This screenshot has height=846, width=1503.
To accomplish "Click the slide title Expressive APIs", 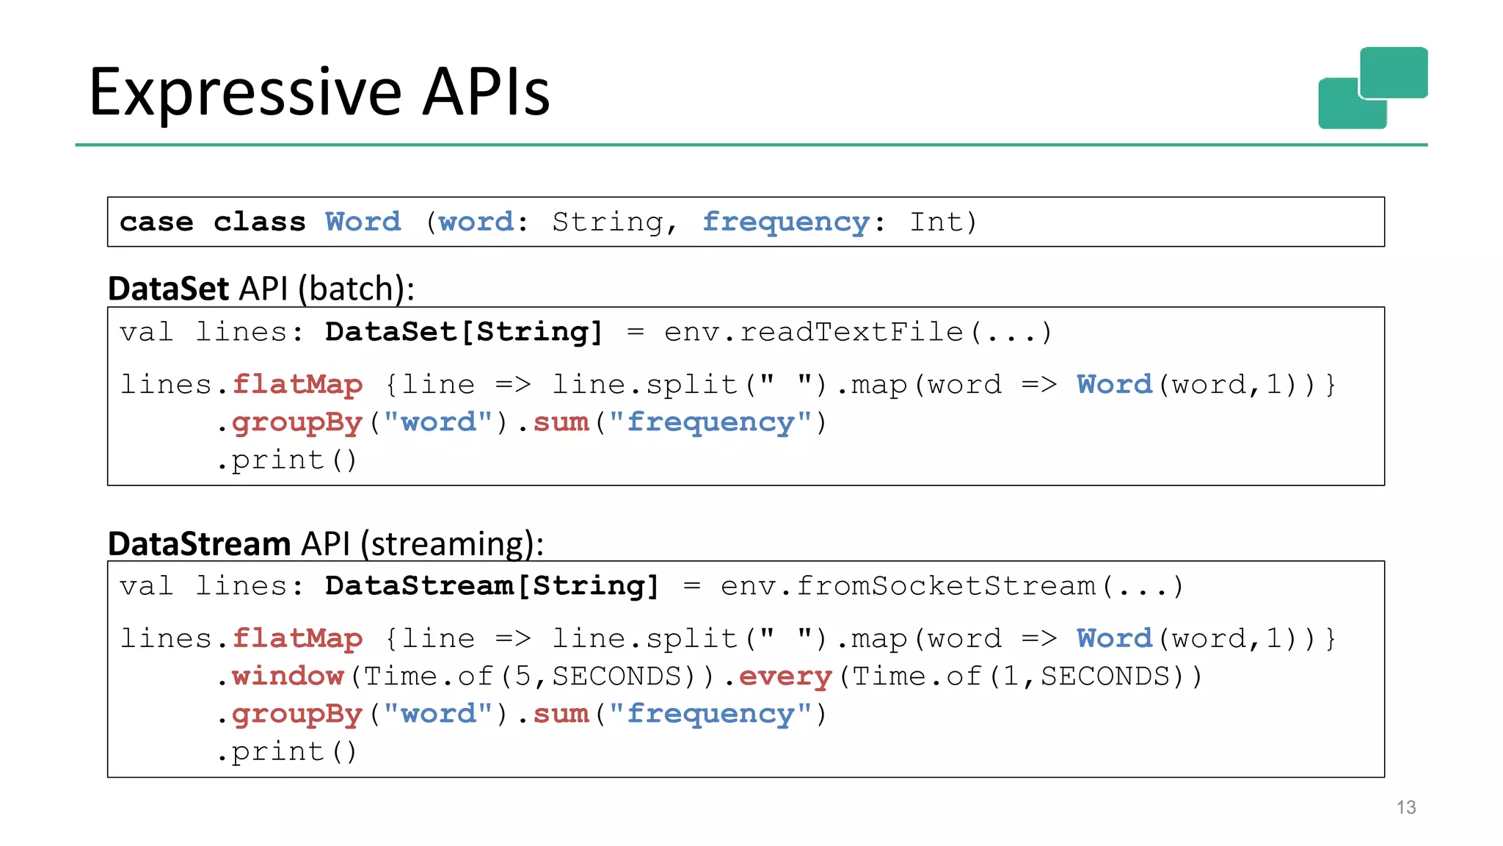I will click(x=319, y=92).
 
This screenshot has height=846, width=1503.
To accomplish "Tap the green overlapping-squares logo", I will click(x=1372, y=88).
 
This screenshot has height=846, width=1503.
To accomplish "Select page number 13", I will click(x=1405, y=807).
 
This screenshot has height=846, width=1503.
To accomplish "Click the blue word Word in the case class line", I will click(x=363, y=222).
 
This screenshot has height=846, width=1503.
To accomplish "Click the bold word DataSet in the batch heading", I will click(x=168, y=289).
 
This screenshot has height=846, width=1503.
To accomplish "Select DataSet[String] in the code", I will click(x=463, y=332).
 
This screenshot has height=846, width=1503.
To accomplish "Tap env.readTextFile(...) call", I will click(x=858, y=332).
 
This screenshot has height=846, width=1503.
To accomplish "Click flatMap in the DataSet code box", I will click(x=297, y=384).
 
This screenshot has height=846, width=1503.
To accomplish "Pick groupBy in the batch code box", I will click(x=297, y=422).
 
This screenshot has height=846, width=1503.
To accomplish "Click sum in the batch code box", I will click(x=561, y=422).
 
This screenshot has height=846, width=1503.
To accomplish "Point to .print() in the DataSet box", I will click(x=287, y=460).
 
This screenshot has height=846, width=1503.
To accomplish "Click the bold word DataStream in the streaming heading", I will click(x=199, y=544).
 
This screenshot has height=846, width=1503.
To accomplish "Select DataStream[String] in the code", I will click(x=492, y=586).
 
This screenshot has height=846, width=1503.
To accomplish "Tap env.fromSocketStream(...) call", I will click(x=952, y=586).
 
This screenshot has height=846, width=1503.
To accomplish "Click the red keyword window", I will click(x=288, y=676).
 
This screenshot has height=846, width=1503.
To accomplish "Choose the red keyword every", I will click(x=785, y=676).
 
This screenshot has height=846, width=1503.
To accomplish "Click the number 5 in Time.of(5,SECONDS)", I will click(x=522, y=676).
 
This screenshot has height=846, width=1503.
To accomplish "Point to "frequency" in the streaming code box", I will click(x=710, y=714).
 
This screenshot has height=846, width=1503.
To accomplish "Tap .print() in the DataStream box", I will click(x=287, y=752).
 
